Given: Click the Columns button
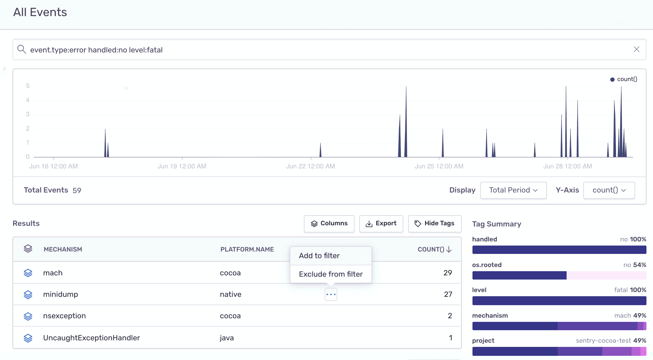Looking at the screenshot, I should (x=329, y=224).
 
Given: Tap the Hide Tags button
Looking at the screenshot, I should (x=435, y=224).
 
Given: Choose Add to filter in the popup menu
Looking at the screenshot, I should (x=319, y=256).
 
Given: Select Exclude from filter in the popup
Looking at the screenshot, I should (x=331, y=274).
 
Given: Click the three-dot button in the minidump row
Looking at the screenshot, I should (x=331, y=294).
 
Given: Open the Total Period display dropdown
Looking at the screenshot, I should (x=513, y=190).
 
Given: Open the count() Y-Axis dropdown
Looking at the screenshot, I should (x=609, y=190).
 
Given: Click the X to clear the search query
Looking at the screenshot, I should (x=636, y=49).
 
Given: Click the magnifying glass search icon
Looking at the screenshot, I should (x=21, y=49).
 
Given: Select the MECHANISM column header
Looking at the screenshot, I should (x=63, y=249).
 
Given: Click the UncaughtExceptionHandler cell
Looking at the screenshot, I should (x=91, y=338).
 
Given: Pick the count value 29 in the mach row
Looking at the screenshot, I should (x=447, y=273).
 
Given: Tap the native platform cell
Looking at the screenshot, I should (x=231, y=294).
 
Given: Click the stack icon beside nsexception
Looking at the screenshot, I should (x=28, y=316).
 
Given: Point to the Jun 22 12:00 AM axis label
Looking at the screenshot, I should (x=310, y=166).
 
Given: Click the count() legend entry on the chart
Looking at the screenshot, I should (x=624, y=79).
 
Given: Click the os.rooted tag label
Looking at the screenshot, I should (x=487, y=265).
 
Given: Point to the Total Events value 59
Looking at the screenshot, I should (x=77, y=190).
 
